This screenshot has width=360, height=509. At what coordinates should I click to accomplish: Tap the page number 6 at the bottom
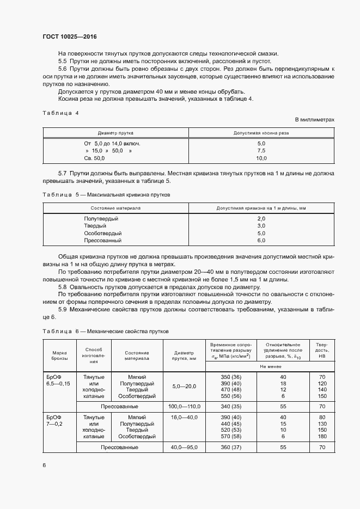[44, 465]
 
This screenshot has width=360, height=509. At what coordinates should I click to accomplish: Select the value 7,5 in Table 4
[261, 151]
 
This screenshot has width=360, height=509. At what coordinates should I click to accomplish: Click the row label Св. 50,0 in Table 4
[91, 158]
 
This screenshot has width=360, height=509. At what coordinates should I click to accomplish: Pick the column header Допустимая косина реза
[261, 133]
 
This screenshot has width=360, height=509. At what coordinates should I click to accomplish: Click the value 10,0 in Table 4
[261, 158]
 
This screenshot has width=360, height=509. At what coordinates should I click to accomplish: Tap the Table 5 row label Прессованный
[102, 240]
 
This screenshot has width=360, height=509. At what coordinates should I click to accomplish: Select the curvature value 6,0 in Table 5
[261, 240]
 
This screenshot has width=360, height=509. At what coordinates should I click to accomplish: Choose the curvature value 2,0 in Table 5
[261, 218]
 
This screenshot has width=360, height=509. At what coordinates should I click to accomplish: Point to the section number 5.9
[63, 310]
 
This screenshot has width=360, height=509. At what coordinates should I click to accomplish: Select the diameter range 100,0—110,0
[185, 407]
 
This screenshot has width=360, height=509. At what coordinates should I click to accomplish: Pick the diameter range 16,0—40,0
[185, 416]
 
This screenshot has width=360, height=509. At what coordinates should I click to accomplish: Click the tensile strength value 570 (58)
[231, 437]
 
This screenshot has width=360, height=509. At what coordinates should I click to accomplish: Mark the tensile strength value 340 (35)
[231, 407]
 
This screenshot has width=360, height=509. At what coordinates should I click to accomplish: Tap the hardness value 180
[322, 437]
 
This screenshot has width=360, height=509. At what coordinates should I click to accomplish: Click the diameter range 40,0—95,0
[185, 447]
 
